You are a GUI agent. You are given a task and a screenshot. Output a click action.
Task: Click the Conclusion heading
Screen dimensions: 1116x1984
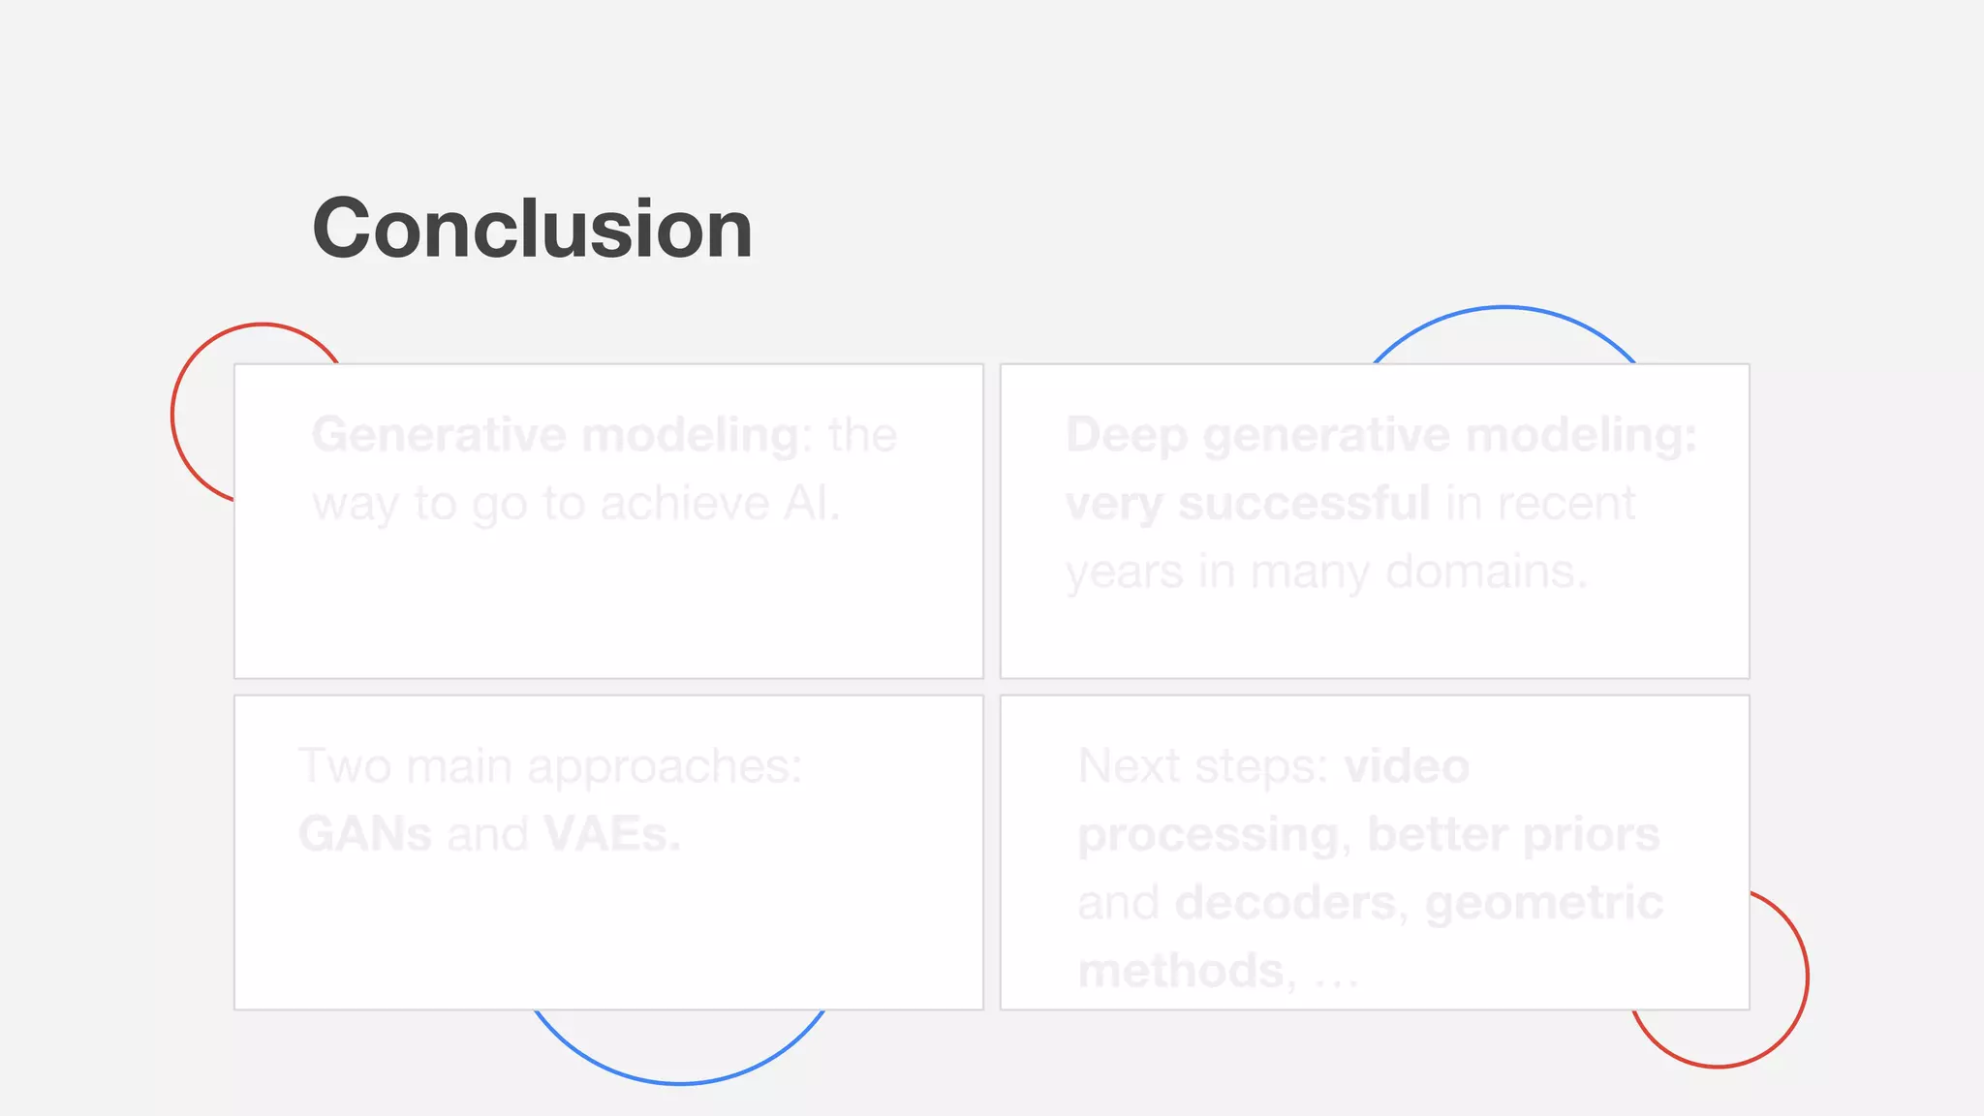pos(532,230)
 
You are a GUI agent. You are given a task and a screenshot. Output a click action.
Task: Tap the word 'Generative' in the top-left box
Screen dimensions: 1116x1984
pos(439,435)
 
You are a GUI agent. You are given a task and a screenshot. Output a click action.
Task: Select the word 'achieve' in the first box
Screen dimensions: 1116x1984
pos(684,504)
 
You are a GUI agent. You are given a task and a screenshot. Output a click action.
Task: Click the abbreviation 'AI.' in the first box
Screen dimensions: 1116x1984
pos(812,504)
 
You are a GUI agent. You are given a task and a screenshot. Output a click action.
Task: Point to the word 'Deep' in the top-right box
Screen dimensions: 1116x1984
pos(1126,435)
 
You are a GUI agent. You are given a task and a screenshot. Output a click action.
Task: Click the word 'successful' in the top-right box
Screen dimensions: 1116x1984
pos(1304,504)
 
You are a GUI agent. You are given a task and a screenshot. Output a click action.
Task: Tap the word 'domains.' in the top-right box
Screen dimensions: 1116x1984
pos(1486,572)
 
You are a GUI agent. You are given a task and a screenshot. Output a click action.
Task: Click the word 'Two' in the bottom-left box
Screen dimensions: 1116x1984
pos(344,766)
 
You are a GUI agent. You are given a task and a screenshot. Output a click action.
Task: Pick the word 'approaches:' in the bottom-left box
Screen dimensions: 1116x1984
pos(665,766)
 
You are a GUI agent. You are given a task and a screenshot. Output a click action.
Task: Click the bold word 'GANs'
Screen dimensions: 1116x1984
pos(365,834)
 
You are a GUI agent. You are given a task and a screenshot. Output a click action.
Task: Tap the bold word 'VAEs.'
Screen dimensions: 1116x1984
pos(612,834)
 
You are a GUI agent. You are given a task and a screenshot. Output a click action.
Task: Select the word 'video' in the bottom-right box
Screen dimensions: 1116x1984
pos(1407,766)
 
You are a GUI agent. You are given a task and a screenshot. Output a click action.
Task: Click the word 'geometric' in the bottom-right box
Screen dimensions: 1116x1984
pos(1544,903)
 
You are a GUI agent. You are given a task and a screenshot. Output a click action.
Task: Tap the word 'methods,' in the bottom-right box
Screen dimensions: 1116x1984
pos(1188,971)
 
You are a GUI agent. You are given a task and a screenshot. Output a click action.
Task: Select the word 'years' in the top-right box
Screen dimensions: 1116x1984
pos(1124,572)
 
